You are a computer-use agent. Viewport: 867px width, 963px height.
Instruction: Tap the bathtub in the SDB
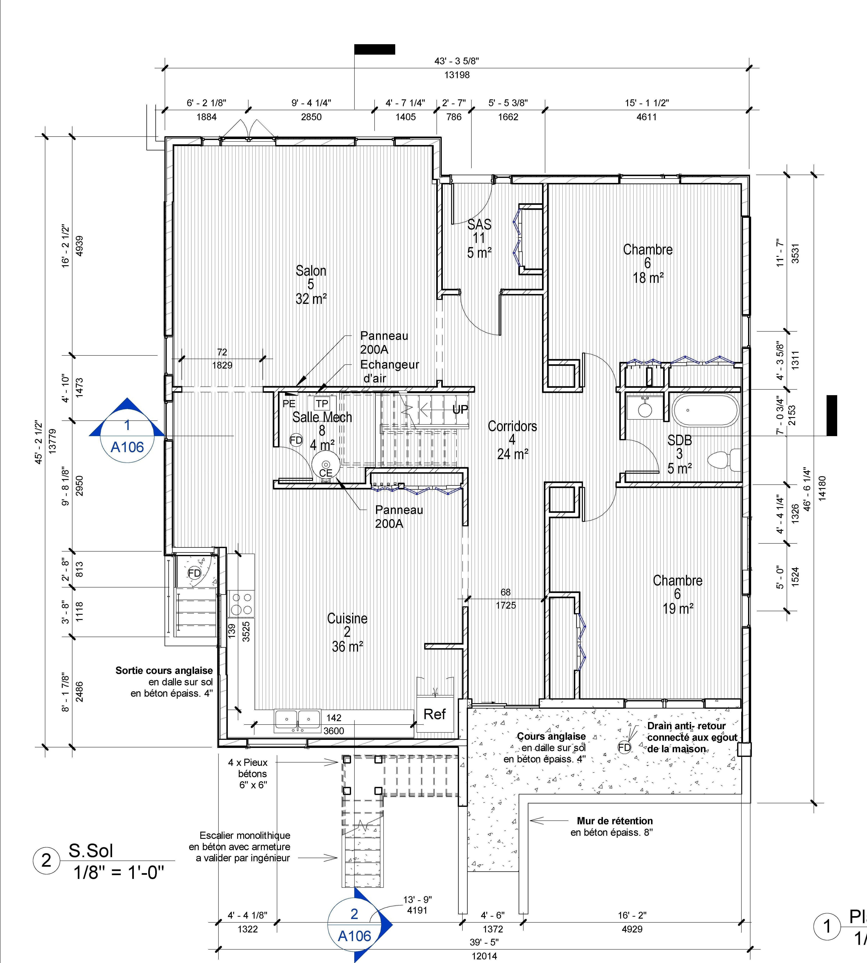click(705, 410)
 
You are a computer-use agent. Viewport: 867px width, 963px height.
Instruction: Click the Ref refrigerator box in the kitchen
click(434, 714)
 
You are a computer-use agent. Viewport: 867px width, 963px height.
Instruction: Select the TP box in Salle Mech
click(322, 404)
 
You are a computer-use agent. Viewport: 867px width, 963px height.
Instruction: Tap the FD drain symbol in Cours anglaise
click(624, 747)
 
